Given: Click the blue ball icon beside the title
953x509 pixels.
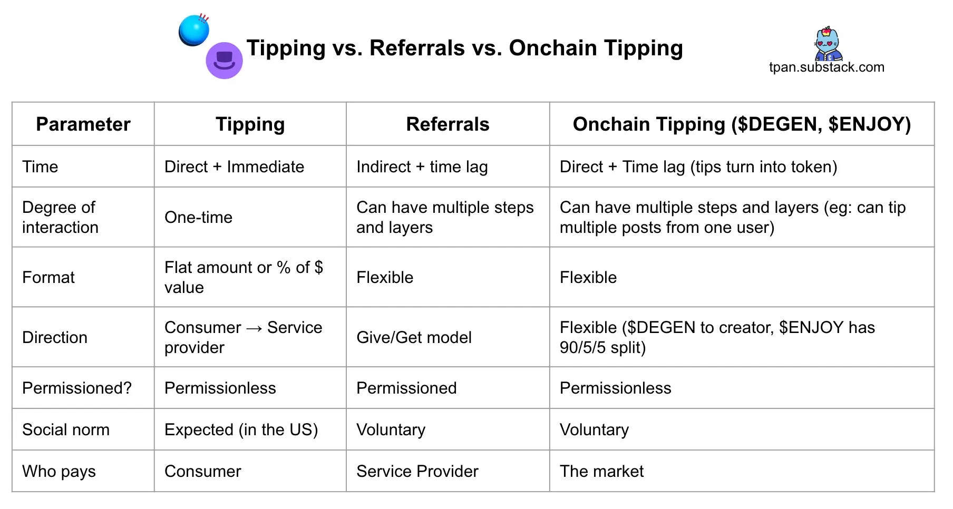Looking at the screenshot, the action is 194,30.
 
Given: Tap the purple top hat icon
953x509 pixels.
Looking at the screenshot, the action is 224,61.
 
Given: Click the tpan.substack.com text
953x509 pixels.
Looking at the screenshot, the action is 826,67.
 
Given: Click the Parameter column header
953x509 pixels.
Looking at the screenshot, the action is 83,124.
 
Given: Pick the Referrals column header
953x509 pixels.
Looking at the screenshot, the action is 448,124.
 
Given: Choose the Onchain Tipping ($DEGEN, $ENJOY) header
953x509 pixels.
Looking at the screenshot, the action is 742,124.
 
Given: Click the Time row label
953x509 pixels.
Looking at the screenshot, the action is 40,167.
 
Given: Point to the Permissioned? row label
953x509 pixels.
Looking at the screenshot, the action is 77,388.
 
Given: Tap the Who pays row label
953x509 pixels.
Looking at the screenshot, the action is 59,472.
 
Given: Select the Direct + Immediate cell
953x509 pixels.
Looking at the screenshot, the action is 234,167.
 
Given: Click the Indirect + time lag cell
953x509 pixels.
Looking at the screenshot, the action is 422,167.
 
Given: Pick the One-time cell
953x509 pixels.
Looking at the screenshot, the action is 198,217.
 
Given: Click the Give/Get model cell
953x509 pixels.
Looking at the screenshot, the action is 414,337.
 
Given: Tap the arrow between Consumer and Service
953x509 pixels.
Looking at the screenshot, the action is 254,328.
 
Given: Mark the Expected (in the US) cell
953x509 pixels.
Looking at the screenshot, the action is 241,430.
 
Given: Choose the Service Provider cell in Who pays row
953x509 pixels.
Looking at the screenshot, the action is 417,471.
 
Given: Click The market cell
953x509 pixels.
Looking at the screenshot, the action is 601,471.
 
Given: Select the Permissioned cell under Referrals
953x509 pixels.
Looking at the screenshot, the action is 406,388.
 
